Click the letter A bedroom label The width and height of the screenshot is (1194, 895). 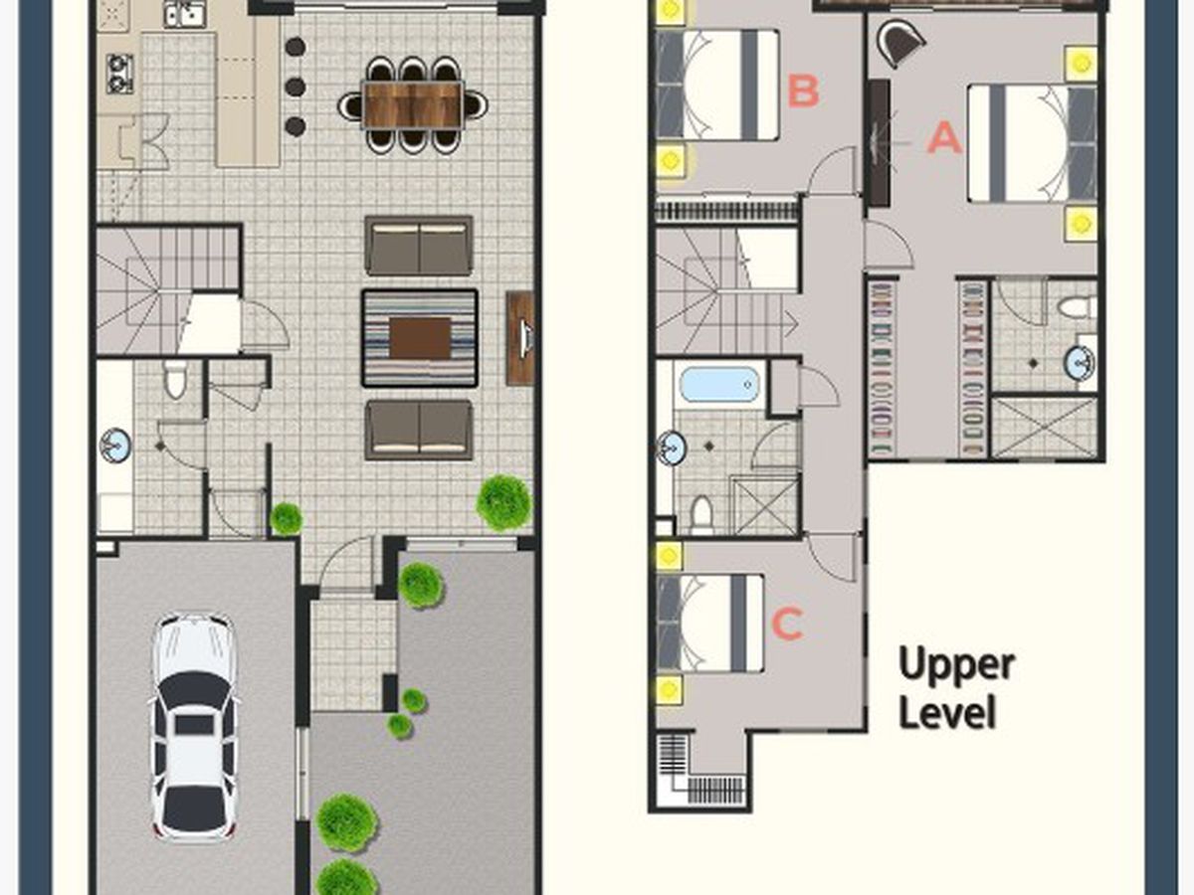(944, 137)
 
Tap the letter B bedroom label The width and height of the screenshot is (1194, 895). (803, 90)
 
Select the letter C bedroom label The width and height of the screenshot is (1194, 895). (787, 624)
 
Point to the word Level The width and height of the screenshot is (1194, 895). (947, 711)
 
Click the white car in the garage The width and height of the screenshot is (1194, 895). (194, 728)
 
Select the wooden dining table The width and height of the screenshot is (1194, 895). (413, 104)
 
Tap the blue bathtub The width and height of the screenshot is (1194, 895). (718, 385)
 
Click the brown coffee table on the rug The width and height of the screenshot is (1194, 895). (420, 338)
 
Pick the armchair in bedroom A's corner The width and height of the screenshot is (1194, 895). (899, 44)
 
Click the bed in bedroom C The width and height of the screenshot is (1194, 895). (709, 624)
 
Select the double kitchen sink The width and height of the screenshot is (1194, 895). (184, 14)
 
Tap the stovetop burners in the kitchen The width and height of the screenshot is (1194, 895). (119, 74)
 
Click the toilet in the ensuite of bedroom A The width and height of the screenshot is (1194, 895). (1077, 307)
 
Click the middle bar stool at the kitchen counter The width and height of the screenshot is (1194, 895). (295, 87)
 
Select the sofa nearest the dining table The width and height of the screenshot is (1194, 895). (419, 247)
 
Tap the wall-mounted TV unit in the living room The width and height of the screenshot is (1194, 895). (520, 338)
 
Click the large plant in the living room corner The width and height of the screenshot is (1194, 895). (504, 502)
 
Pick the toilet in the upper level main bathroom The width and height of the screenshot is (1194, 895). (701, 515)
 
